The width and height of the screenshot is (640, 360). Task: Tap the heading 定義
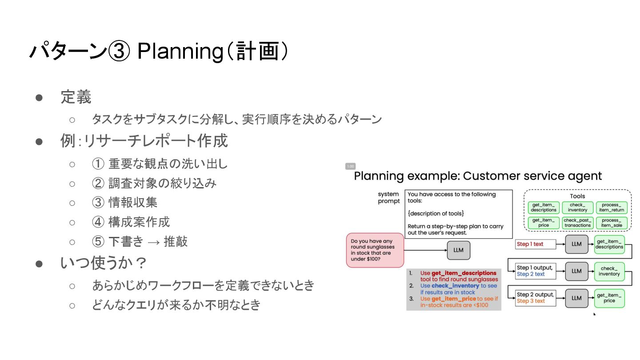[x=76, y=97]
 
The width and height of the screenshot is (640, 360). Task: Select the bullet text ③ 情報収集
[x=124, y=203]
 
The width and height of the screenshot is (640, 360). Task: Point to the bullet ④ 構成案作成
[x=131, y=222]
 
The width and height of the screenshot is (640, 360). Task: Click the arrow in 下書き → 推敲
[x=154, y=241]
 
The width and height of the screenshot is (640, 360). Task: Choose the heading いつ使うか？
[x=104, y=263]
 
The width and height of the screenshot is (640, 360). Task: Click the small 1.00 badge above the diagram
[x=350, y=166]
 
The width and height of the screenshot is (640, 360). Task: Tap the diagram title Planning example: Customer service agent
[x=478, y=176]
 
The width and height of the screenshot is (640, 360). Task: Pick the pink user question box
[x=375, y=250]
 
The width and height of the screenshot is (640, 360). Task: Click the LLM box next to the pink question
[x=458, y=250]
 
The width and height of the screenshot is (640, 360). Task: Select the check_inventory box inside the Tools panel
[x=577, y=208]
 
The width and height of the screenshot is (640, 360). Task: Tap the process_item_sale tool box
[x=612, y=223]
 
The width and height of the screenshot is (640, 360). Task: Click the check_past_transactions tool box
[x=577, y=223]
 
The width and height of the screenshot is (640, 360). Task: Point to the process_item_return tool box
[x=612, y=208]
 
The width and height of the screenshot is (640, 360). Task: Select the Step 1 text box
[x=536, y=244]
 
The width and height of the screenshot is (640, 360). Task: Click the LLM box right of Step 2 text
[x=576, y=271]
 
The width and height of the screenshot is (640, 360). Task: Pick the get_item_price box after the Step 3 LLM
[x=609, y=298]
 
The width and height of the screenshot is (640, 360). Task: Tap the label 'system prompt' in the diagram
[x=388, y=198]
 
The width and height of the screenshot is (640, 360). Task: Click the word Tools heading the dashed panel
[x=577, y=196]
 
